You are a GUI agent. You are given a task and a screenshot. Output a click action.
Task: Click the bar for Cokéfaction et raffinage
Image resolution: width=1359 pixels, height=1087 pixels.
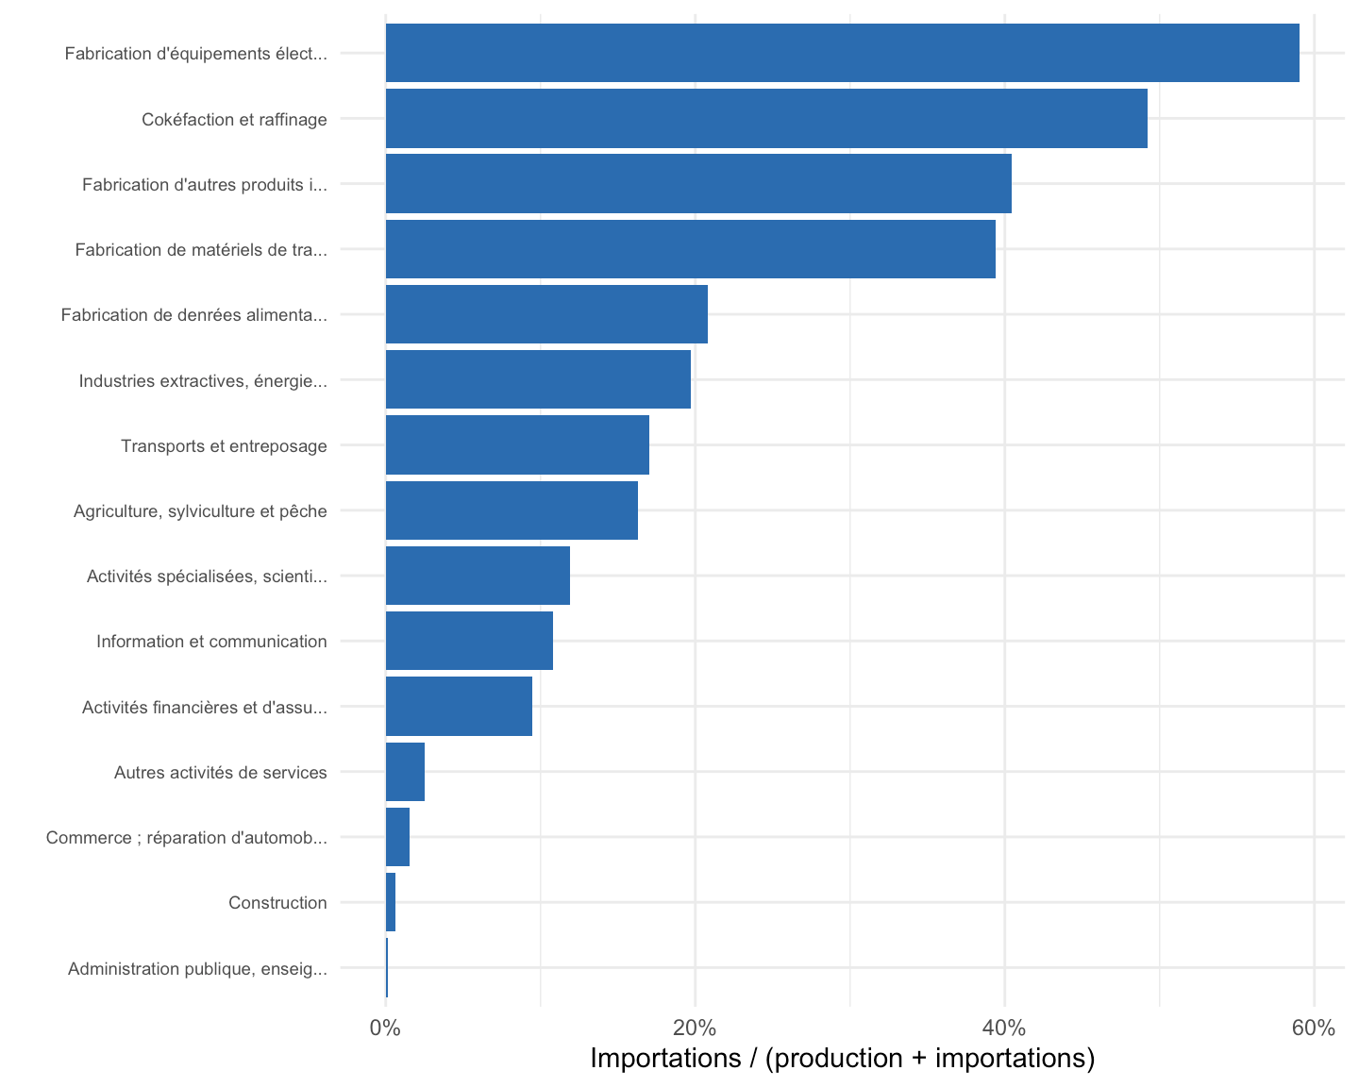pos(766,118)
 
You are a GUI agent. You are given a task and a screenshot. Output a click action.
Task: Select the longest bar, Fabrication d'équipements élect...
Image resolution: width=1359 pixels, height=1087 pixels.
pos(843,53)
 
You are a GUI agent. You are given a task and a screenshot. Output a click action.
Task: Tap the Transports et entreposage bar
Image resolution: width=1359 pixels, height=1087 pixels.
pos(517,444)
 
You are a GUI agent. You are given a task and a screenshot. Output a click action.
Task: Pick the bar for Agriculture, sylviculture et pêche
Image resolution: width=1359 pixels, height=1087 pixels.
pos(512,510)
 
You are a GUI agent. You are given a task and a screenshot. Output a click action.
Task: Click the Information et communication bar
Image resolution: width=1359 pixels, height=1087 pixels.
pos(469,641)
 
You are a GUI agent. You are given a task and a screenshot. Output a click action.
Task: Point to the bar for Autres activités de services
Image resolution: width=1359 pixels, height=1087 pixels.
pos(405,772)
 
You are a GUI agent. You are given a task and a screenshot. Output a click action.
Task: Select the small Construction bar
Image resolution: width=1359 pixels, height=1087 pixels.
pos(391,902)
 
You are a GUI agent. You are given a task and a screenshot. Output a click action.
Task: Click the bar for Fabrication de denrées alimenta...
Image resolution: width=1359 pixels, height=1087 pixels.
pos(546,314)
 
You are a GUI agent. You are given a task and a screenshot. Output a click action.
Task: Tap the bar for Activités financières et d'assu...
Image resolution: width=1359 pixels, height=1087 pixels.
pos(459,706)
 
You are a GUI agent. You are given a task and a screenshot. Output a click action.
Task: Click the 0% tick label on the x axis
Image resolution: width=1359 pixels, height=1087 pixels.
pos(385,1028)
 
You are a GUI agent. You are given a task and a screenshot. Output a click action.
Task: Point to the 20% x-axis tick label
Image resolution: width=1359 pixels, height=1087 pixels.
pos(695,1028)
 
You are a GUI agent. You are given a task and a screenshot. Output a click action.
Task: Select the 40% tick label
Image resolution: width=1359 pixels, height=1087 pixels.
pos(1004,1028)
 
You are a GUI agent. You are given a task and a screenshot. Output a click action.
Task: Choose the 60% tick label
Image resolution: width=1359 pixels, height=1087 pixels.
pos(1314,1028)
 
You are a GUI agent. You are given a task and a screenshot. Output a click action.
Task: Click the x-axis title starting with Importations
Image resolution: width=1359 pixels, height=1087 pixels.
pos(843,1059)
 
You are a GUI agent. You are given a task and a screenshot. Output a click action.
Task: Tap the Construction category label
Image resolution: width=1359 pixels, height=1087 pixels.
pos(277,903)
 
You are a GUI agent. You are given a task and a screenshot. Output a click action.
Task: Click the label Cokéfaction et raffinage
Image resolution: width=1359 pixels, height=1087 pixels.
pos(234,120)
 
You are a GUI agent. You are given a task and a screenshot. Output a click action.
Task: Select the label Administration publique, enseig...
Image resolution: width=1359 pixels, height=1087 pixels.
pos(197,969)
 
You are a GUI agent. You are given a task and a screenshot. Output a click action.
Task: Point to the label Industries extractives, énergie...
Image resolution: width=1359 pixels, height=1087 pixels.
pos(203,381)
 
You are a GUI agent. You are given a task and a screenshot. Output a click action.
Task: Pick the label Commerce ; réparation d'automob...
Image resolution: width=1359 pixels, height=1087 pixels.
pos(187,838)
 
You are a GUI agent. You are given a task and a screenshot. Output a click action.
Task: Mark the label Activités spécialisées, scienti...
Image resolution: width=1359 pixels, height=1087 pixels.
pos(207,576)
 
